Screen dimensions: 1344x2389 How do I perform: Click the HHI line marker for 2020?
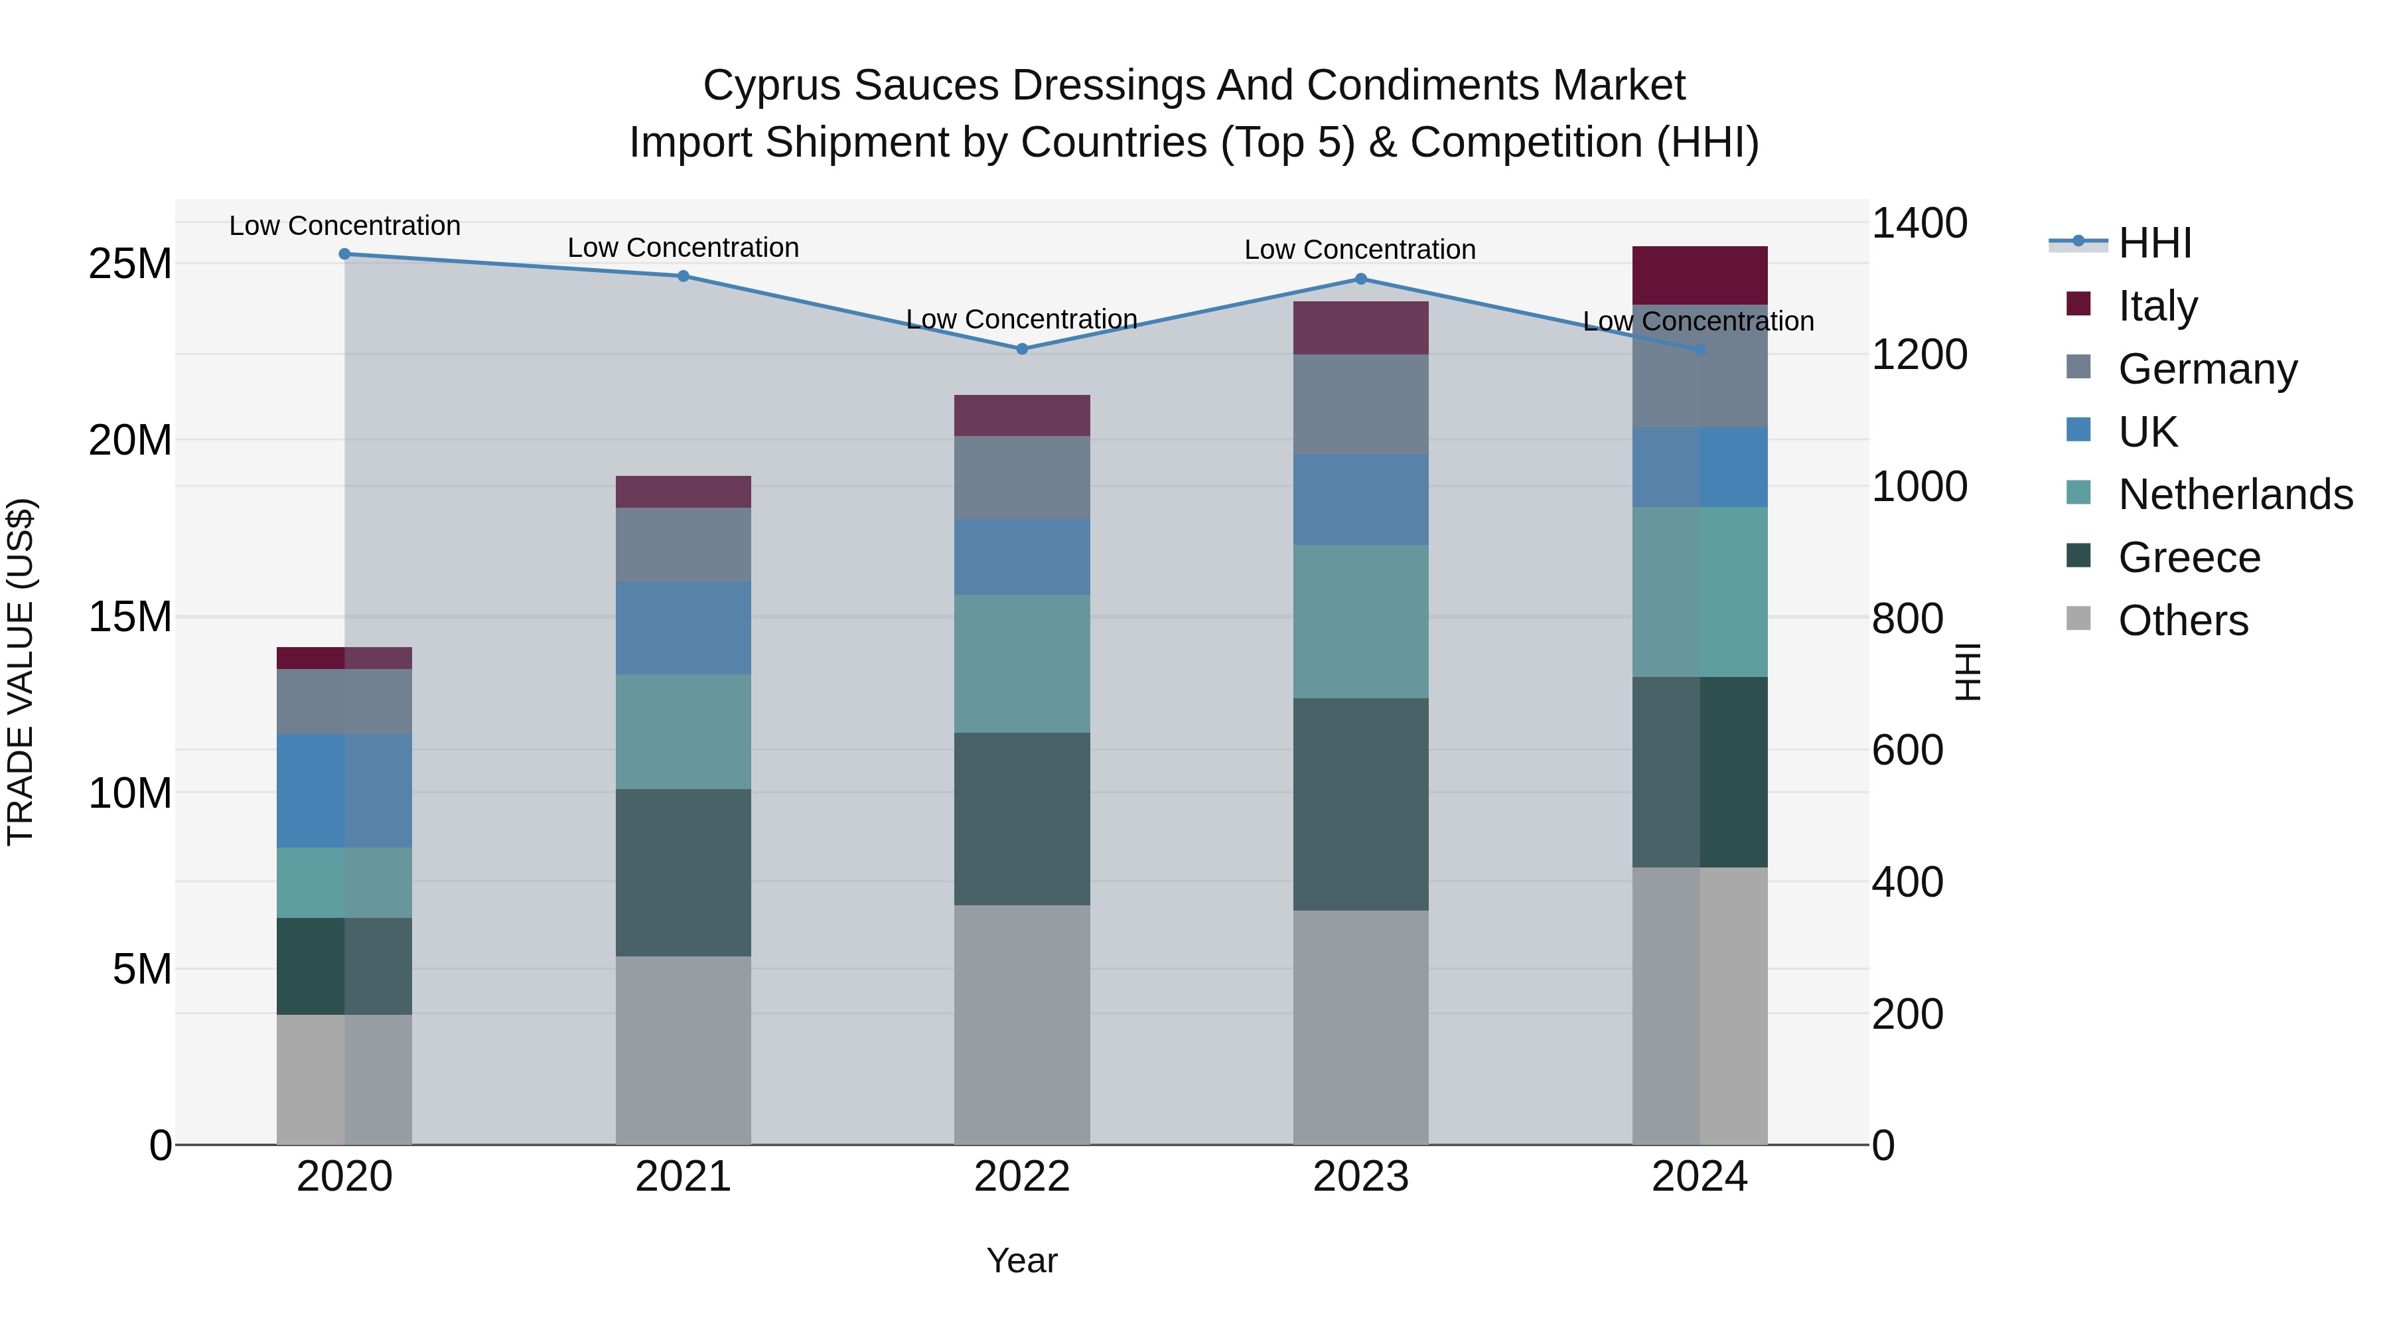click(x=344, y=254)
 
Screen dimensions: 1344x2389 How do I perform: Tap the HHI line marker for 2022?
click(x=1022, y=348)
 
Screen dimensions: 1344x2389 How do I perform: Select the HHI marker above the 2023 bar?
click(x=1360, y=278)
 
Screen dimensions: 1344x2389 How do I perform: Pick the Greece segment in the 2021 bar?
click(x=683, y=872)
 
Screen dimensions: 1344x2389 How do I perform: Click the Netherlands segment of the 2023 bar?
click(x=1360, y=621)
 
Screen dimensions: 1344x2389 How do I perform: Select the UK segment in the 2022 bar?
click(x=1022, y=557)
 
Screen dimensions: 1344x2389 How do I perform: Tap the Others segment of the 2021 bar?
click(x=683, y=1050)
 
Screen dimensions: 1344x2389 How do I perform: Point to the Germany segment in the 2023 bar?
click(x=1360, y=404)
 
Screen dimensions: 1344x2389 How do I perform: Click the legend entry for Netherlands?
click(x=2235, y=494)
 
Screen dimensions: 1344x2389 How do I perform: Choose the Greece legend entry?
click(x=2189, y=558)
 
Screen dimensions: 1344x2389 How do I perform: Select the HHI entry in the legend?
click(x=2153, y=243)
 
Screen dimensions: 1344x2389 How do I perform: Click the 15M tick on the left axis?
click(x=130, y=617)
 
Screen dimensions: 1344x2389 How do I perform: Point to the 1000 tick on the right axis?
click(x=1918, y=486)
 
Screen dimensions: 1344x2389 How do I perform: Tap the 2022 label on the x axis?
click(x=1022, y=1177)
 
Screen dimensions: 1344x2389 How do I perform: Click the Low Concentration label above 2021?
click(x=683, y=248)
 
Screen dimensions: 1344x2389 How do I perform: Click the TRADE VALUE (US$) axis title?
click(x=21, y=672)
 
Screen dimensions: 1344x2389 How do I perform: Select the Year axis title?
click(x=1022, y=1260)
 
